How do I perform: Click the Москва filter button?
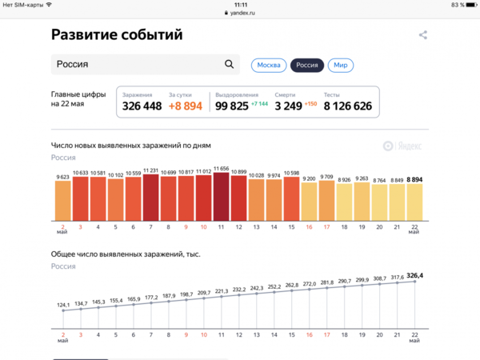269,65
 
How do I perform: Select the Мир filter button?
340,65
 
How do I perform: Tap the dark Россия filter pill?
306,65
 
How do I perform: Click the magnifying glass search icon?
230,65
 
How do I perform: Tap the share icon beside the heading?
423,35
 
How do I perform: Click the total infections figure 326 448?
141,106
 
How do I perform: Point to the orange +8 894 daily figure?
186,106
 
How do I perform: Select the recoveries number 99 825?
232,106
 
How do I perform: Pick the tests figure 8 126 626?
348,106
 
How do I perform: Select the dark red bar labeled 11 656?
222,196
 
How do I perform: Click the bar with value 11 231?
151,198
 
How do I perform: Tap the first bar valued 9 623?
63,202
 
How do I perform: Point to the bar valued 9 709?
326,202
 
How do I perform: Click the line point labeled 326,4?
414,282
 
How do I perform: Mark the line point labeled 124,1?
63,311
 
